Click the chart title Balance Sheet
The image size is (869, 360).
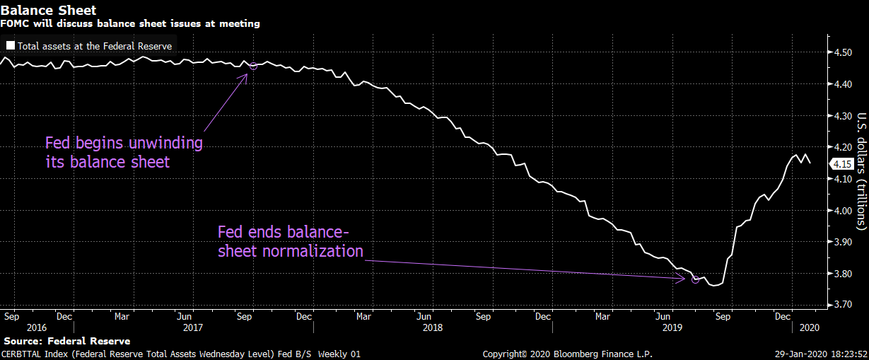[x=48, y=10]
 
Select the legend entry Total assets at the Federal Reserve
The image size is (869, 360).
[x=95, y=46]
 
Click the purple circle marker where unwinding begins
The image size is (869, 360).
[x=253, y=66]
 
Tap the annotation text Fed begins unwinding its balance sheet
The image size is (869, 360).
[x=124, y=152]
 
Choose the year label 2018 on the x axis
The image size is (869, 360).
[x=432, y=328]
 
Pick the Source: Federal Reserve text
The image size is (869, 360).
[x=66, y=341]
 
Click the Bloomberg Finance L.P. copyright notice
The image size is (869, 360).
[x=567, y=354]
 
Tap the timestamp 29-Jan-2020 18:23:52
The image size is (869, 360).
[x=822, y=354]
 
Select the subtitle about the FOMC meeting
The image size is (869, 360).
[x=130, y=23]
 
